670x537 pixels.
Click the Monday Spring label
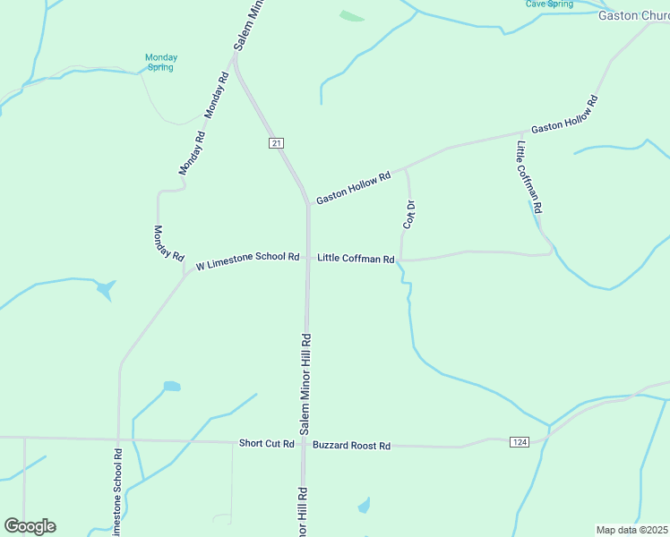click(x=161, y=63)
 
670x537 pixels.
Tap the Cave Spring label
click(x=549, y=4)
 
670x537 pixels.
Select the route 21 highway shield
click(x=276, y=143)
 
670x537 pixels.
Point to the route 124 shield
click(x=519, y=442)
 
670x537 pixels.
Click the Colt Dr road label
click(x=409, y=215)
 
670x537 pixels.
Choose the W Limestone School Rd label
click(x=247, y=257)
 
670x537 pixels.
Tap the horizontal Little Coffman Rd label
click(x=356, y=260)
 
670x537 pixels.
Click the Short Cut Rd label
click(x=267, y=444)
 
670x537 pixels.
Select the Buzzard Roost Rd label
click(x=352, y=445)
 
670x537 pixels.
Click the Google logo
click(x=30, y=526)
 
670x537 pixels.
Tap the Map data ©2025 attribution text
click(x=631, y=530)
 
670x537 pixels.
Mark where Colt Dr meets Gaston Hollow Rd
click(x=407, y=167)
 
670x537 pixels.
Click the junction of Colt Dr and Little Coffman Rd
click(x=400, y=260)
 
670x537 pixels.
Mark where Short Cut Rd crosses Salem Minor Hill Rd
click(x=305, y=443)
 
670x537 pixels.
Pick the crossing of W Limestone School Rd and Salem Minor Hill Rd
click(x=307, y=258)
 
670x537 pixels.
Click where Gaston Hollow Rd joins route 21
click(x=308, y=204)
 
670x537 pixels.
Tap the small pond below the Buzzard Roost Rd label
click(x=364, y=507)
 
